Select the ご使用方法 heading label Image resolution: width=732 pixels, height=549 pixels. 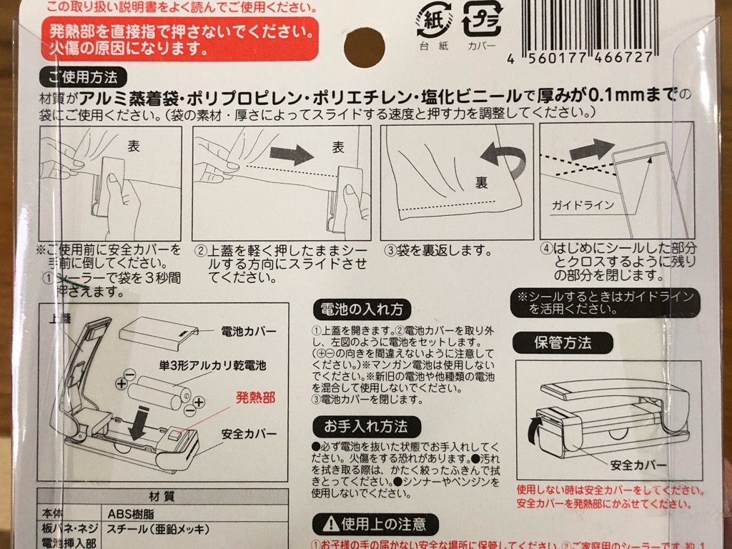pyautogui.click(x=83, y=76)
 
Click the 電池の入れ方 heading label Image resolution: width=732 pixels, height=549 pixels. pyautogui.click(x=362, y=310)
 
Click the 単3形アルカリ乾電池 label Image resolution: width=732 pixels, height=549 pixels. pyautogui.click(x=212, y=365)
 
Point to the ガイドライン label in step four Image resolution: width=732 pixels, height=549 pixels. pyautogui.click(x=583, y=205)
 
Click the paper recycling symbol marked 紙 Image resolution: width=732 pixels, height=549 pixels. pyautogui.click(x=432, y=21)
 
